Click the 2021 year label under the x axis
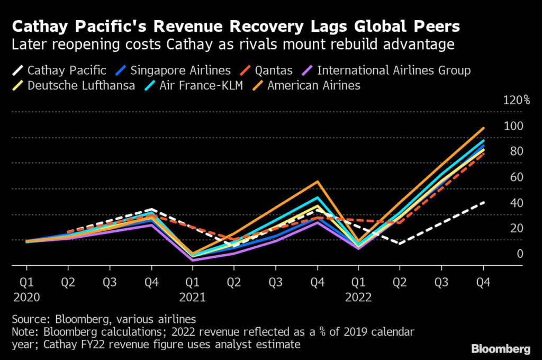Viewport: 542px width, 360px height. click(192, 298)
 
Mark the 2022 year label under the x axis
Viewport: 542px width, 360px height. click(358, 298)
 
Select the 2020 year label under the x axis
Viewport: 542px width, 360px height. click(26, 298)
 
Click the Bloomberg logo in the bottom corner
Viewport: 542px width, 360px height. click(500, 349)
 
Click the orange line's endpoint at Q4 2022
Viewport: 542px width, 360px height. click(483, 128)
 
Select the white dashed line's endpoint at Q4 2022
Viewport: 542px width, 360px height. click(483, 202)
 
